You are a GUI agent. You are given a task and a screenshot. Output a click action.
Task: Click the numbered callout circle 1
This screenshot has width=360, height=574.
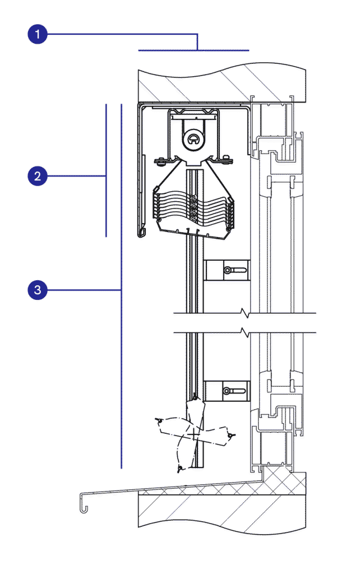coord(38,34)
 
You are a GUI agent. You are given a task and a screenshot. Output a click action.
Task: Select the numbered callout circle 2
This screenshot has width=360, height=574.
coord(38,176)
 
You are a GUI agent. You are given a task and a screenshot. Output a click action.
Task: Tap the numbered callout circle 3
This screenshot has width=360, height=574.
coord(38,290)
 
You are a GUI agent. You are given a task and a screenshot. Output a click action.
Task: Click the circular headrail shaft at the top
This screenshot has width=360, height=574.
coord(193,139)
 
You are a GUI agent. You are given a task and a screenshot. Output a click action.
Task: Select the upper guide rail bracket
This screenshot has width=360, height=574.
coord(227,271)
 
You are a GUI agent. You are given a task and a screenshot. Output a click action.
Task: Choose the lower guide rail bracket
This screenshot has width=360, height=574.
coord(227,391)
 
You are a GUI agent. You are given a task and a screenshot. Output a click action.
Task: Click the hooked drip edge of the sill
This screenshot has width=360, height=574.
coord(84,503)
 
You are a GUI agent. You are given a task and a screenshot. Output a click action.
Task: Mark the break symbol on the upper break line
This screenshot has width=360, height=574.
coord(244,313)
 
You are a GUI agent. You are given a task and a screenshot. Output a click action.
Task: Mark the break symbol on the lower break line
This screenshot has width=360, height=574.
coord(244,333)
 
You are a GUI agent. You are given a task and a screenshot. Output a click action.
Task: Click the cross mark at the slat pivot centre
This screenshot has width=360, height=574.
coord(193,435)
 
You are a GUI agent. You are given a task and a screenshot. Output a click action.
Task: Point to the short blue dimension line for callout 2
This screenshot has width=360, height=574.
coord(106,170)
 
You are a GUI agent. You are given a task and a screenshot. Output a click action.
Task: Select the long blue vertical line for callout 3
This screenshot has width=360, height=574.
coord(121,286)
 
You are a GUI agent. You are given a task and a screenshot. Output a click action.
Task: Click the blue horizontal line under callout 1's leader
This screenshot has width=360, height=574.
coord(193,50)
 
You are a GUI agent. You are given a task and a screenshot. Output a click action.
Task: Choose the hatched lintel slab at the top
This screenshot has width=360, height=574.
coord(222,84)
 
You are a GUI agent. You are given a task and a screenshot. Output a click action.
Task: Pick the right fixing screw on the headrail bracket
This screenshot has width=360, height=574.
coord(227,159)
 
